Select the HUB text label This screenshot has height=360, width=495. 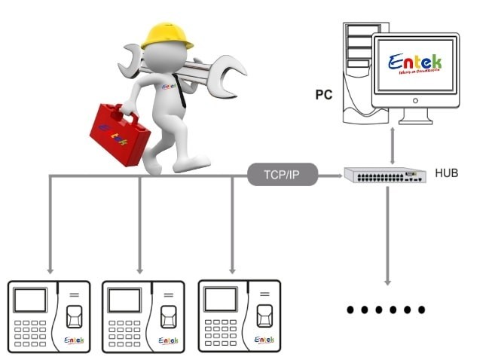coord(446,174)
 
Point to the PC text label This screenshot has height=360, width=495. coord(324,96)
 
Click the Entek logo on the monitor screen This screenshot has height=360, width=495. coord(414,64)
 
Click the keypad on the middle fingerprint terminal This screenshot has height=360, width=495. coord(124,332)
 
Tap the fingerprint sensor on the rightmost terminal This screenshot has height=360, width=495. coord(264,316)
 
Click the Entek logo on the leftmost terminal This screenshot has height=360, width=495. coord(75,341)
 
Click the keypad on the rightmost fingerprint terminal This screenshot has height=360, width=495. coord(220,332)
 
